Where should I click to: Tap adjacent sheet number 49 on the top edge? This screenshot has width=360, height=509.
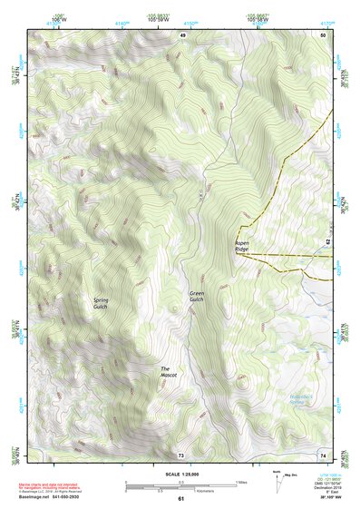click(181, 34)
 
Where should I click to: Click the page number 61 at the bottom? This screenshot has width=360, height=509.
click(180, 499)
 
